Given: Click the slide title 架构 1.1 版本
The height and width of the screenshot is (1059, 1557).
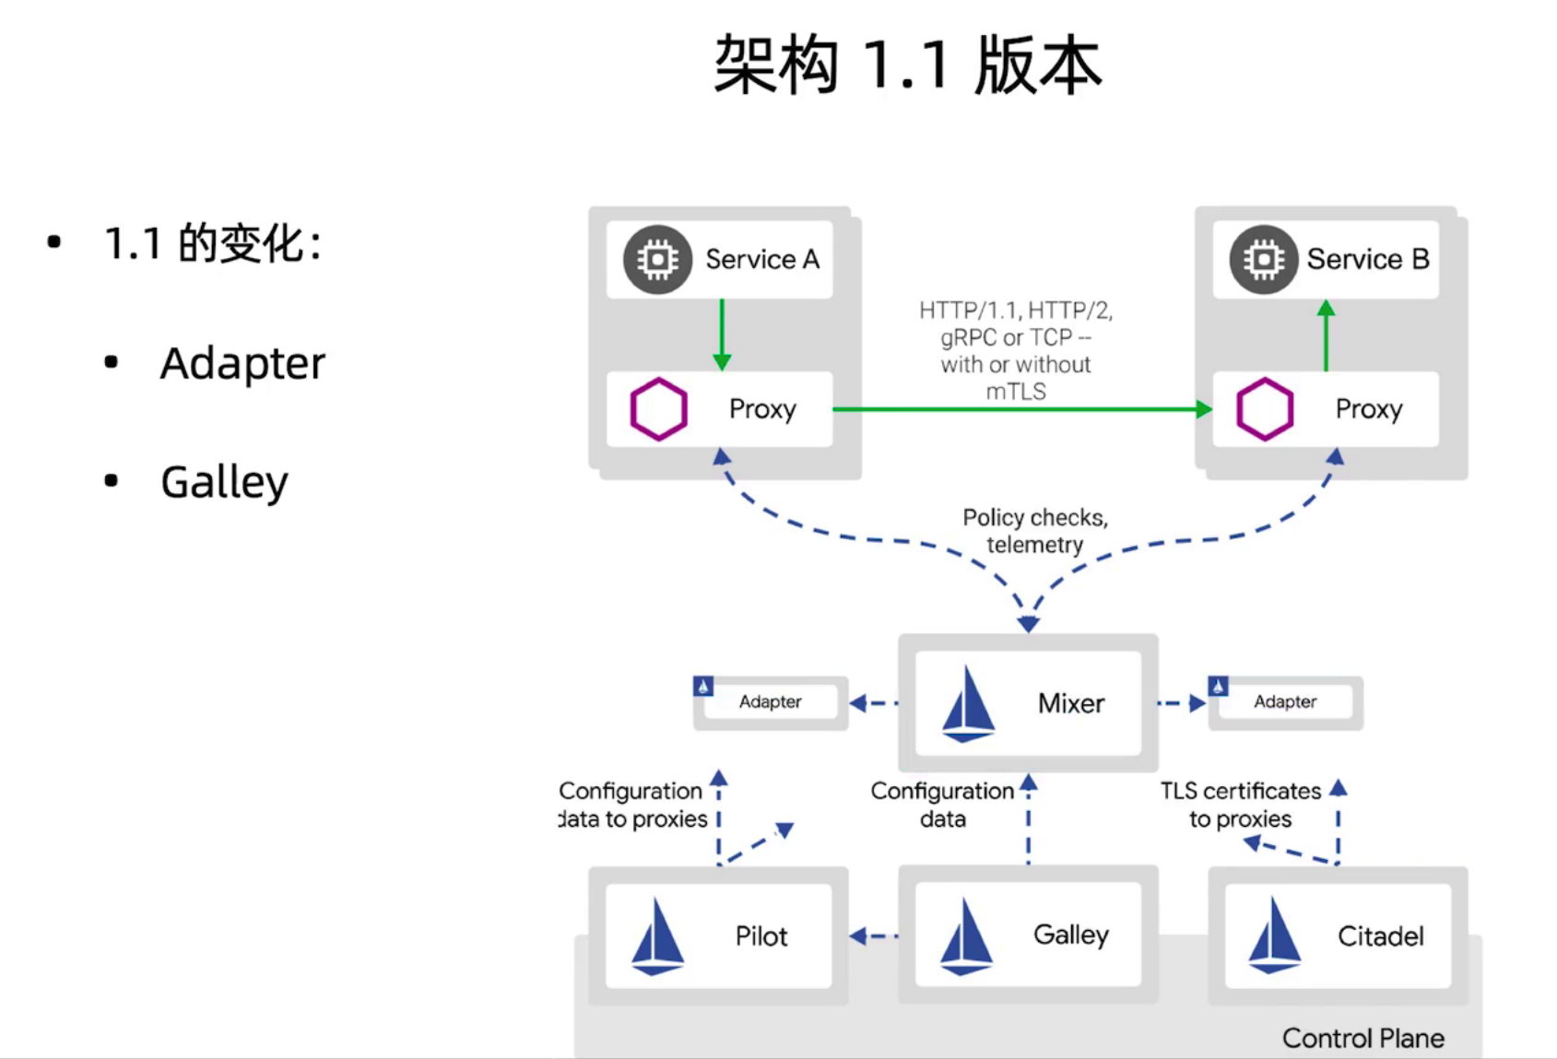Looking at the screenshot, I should pyautogui.click(x=907, y=65).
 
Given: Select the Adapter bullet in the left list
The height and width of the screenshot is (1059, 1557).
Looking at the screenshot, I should pyautogui.click(x=242, y=363).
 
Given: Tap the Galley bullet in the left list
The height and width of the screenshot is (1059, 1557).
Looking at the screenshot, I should pyautogui.click(x=224, y=482).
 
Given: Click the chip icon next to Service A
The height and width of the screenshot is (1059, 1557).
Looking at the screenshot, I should pyautogui.click(x=657, y=260).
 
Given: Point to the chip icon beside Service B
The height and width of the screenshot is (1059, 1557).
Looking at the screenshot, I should pyautogui.click(x=1264, y=260).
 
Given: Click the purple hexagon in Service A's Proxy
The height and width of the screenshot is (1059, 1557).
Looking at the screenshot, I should pyautogui.click(x=658, y=409).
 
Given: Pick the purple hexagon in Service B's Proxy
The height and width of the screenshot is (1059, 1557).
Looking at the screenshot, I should pyautogui.click(x=1265, y=409).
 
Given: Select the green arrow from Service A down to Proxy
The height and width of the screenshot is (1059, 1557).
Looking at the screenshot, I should pyautogui.click(x=722, y=334).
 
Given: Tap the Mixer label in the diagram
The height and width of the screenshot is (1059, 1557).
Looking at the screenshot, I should pyautogui.click(x=1071, y=704).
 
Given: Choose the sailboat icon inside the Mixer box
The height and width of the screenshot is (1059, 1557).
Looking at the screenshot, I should pyautogui.click(x=968, y=704).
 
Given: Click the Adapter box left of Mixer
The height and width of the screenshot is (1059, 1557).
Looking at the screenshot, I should pyautogui.click(x=770, y=702).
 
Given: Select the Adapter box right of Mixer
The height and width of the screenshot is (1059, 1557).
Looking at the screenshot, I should pyautogui.click(x=1285, y=702).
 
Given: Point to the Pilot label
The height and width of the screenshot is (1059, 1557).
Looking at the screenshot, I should pyautogui.click(x=761, y=936).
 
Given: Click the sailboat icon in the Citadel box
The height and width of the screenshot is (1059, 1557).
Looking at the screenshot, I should pyautogui.click(x=1274, y=936).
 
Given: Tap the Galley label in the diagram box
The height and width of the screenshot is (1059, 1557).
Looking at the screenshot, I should pyautogui.click(x=1071, y=935).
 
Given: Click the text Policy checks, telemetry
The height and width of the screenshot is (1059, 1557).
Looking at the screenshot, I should pyautogui.click(x=1035, y=531).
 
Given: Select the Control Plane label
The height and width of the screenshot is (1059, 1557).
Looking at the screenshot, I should pyautogui.click(x=1362, y=1039).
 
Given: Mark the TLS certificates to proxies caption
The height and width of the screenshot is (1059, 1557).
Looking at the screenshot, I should pyautogui.click(x=1241, y=805).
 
